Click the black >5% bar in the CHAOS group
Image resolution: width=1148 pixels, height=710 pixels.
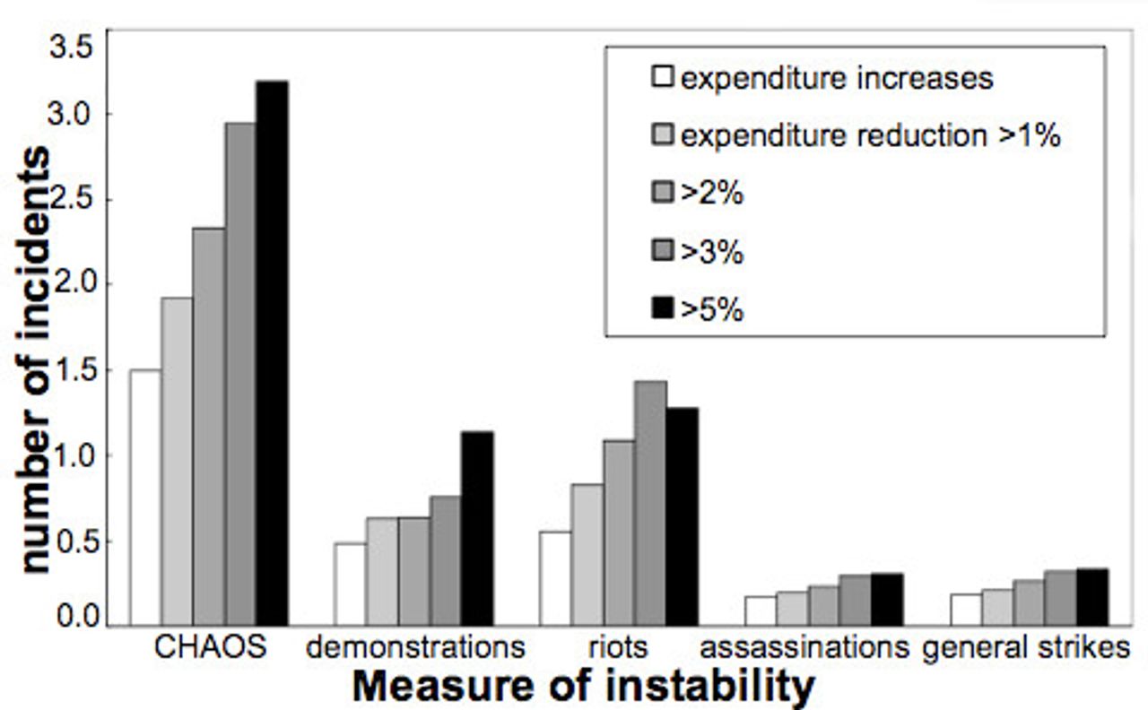272,353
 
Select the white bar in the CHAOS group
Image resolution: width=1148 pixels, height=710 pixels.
145,498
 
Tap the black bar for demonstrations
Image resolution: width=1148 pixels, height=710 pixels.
477,528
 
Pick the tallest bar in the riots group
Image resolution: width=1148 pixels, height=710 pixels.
650,503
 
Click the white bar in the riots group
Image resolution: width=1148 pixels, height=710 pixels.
554,578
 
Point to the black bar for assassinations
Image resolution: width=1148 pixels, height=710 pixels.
887,599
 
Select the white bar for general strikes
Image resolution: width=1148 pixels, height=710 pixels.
965,610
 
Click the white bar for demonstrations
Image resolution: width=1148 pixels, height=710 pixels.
349,584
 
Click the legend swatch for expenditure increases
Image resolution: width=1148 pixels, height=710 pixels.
662,78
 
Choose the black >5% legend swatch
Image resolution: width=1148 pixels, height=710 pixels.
662,310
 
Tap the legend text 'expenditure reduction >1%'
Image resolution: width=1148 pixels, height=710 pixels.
871,136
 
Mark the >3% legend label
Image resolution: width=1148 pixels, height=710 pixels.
712,253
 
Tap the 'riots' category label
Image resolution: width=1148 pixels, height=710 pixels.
619,647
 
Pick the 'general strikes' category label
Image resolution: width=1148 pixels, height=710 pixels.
1026,647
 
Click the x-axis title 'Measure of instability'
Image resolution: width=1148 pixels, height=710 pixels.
584,687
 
